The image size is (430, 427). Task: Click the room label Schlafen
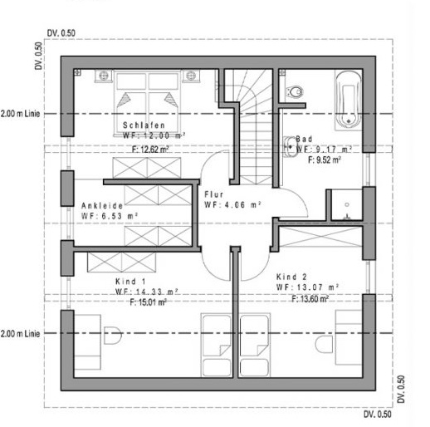144,125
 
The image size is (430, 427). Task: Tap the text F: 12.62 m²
150,150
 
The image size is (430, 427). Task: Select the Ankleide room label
102,206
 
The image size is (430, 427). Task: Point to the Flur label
214,194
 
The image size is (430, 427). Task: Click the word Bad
304,139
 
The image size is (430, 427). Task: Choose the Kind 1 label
130,282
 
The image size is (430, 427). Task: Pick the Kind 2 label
291,277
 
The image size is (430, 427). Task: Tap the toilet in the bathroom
295,91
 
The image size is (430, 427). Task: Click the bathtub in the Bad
348,100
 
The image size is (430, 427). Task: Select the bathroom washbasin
290,146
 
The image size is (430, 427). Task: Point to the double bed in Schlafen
147,104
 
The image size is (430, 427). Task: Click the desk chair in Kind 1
113,336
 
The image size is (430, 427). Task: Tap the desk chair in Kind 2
324,344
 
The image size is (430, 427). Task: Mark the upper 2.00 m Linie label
20,114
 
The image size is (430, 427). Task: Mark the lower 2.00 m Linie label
20,334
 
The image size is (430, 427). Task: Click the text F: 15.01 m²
149,302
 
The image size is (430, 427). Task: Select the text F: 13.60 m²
310,299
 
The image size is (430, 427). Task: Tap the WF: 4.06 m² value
232,205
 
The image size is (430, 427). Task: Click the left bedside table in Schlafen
104,76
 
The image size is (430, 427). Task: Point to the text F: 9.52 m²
325,160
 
